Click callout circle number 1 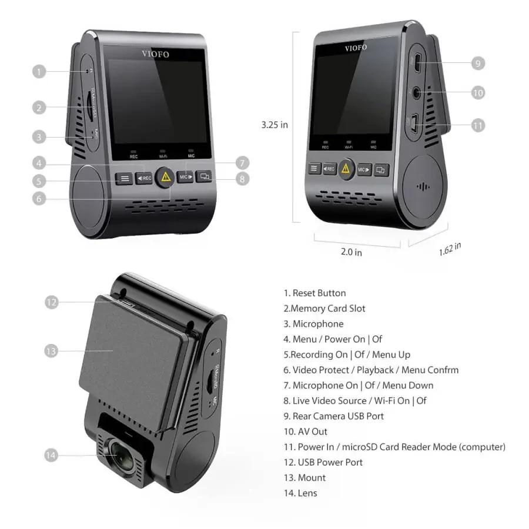39,72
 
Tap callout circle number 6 39,198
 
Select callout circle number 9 477,63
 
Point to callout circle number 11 477,125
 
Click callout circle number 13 51,351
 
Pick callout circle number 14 51,454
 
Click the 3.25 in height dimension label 274,125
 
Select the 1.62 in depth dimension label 450,248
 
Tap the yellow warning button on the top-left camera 166,176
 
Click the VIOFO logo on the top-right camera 356,48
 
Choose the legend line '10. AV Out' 306,431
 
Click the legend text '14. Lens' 300,493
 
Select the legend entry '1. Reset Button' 314,293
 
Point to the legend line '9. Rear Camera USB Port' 333,416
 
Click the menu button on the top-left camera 124,178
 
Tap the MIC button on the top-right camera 364,169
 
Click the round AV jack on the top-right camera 417,91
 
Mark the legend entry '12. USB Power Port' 323,462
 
